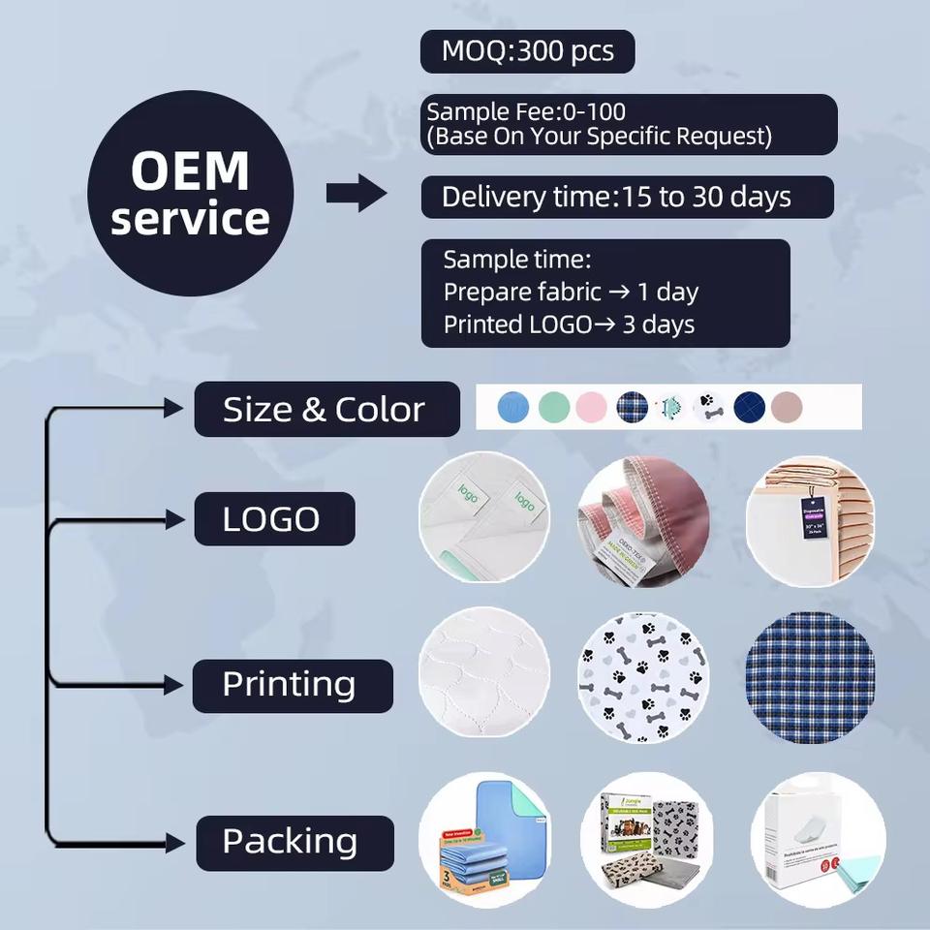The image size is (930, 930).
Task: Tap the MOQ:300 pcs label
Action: click(x=527, y=51)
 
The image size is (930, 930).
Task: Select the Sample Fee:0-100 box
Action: click(x=629, y=124)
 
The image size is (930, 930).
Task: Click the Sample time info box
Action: click(x=605, y=294)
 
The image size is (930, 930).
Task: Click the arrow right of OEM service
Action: click(x=356, y=194)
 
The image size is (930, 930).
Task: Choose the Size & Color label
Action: click(x=326, y=409)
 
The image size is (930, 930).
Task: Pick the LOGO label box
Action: click(x=274, y=519)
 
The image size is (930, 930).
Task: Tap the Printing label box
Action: click(x=292, y=685)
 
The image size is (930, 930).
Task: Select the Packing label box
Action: click(x=294, y=842)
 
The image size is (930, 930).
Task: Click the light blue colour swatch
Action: click(x=512, y=407)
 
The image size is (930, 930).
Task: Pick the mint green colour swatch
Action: click(x=553, y=407)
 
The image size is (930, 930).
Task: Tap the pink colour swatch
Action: click(x=591, y=407)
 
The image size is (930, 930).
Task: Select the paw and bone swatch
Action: click(x=709, y=407)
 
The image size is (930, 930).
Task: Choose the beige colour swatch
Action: click(x=787, y=407)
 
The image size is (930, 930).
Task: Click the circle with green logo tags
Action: click(x=484, y=519)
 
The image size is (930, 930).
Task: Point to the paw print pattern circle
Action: click(x=643, y=678)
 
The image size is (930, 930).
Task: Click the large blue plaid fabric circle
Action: click(x=810, y=678)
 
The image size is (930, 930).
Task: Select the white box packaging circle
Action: click(x=818, y=839)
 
